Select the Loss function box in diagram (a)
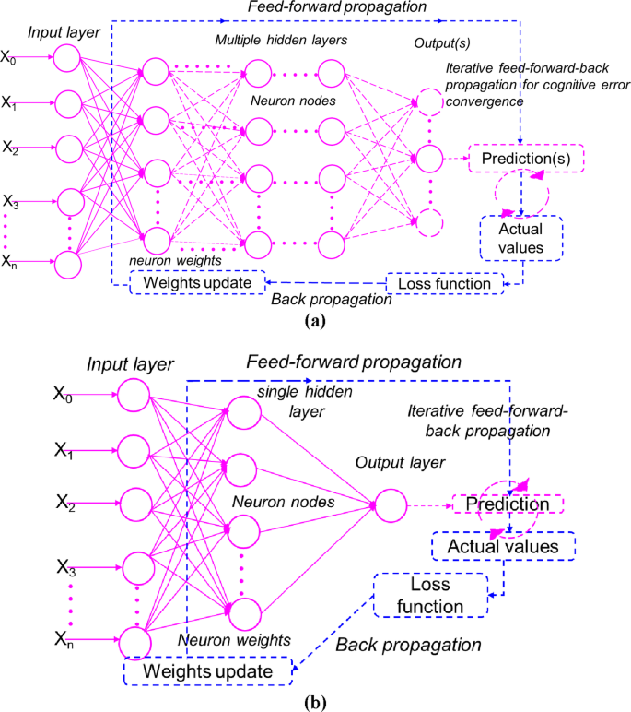444,283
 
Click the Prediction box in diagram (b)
508,504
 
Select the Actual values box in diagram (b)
502,547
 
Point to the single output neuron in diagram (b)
390,504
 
